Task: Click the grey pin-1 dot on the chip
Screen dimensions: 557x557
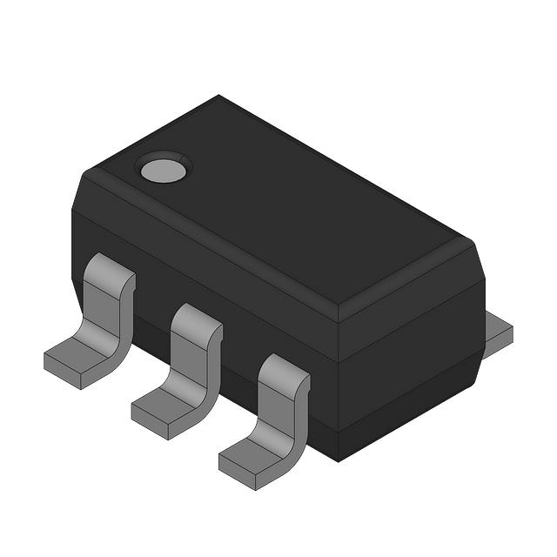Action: (x=164, y=168)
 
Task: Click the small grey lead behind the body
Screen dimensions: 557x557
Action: (x=499, y=330)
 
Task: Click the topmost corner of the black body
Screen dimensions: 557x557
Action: (x=218, y=96)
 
